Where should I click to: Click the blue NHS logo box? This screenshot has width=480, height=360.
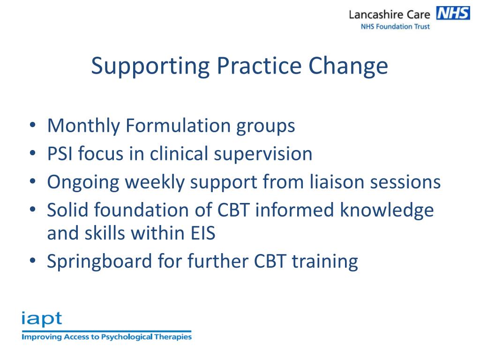[452, 13]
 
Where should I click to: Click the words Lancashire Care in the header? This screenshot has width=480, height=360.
[389, 15]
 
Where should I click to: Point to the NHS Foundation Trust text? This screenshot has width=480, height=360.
[395, 27]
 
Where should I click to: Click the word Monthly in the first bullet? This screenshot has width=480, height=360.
[82, 126]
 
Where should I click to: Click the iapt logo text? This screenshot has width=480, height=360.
[41, 319]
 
